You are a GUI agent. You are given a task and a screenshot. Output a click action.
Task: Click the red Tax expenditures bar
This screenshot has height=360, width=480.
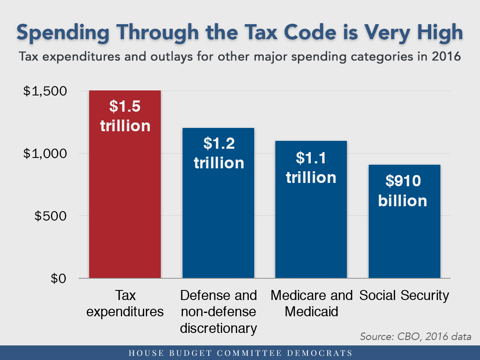125,200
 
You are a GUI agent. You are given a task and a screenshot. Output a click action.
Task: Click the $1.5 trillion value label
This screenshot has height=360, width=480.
125,116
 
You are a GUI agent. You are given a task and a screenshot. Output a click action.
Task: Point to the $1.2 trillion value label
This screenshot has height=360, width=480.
219,153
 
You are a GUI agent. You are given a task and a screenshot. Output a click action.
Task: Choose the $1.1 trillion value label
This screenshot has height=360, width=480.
311,168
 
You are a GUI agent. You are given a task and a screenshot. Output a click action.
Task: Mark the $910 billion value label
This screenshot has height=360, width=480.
402,191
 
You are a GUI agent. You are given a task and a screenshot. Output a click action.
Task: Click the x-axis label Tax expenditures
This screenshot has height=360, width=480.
125,303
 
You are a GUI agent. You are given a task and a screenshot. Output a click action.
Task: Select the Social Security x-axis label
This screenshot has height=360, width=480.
404,295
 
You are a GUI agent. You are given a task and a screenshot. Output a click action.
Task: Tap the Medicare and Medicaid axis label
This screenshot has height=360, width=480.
311,303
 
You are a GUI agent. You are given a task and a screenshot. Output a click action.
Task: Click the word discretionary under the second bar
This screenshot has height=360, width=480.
218,328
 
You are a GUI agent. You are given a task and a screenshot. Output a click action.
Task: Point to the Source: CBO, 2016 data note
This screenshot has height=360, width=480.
415,336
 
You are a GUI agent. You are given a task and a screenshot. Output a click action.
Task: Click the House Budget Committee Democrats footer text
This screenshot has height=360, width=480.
240,353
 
